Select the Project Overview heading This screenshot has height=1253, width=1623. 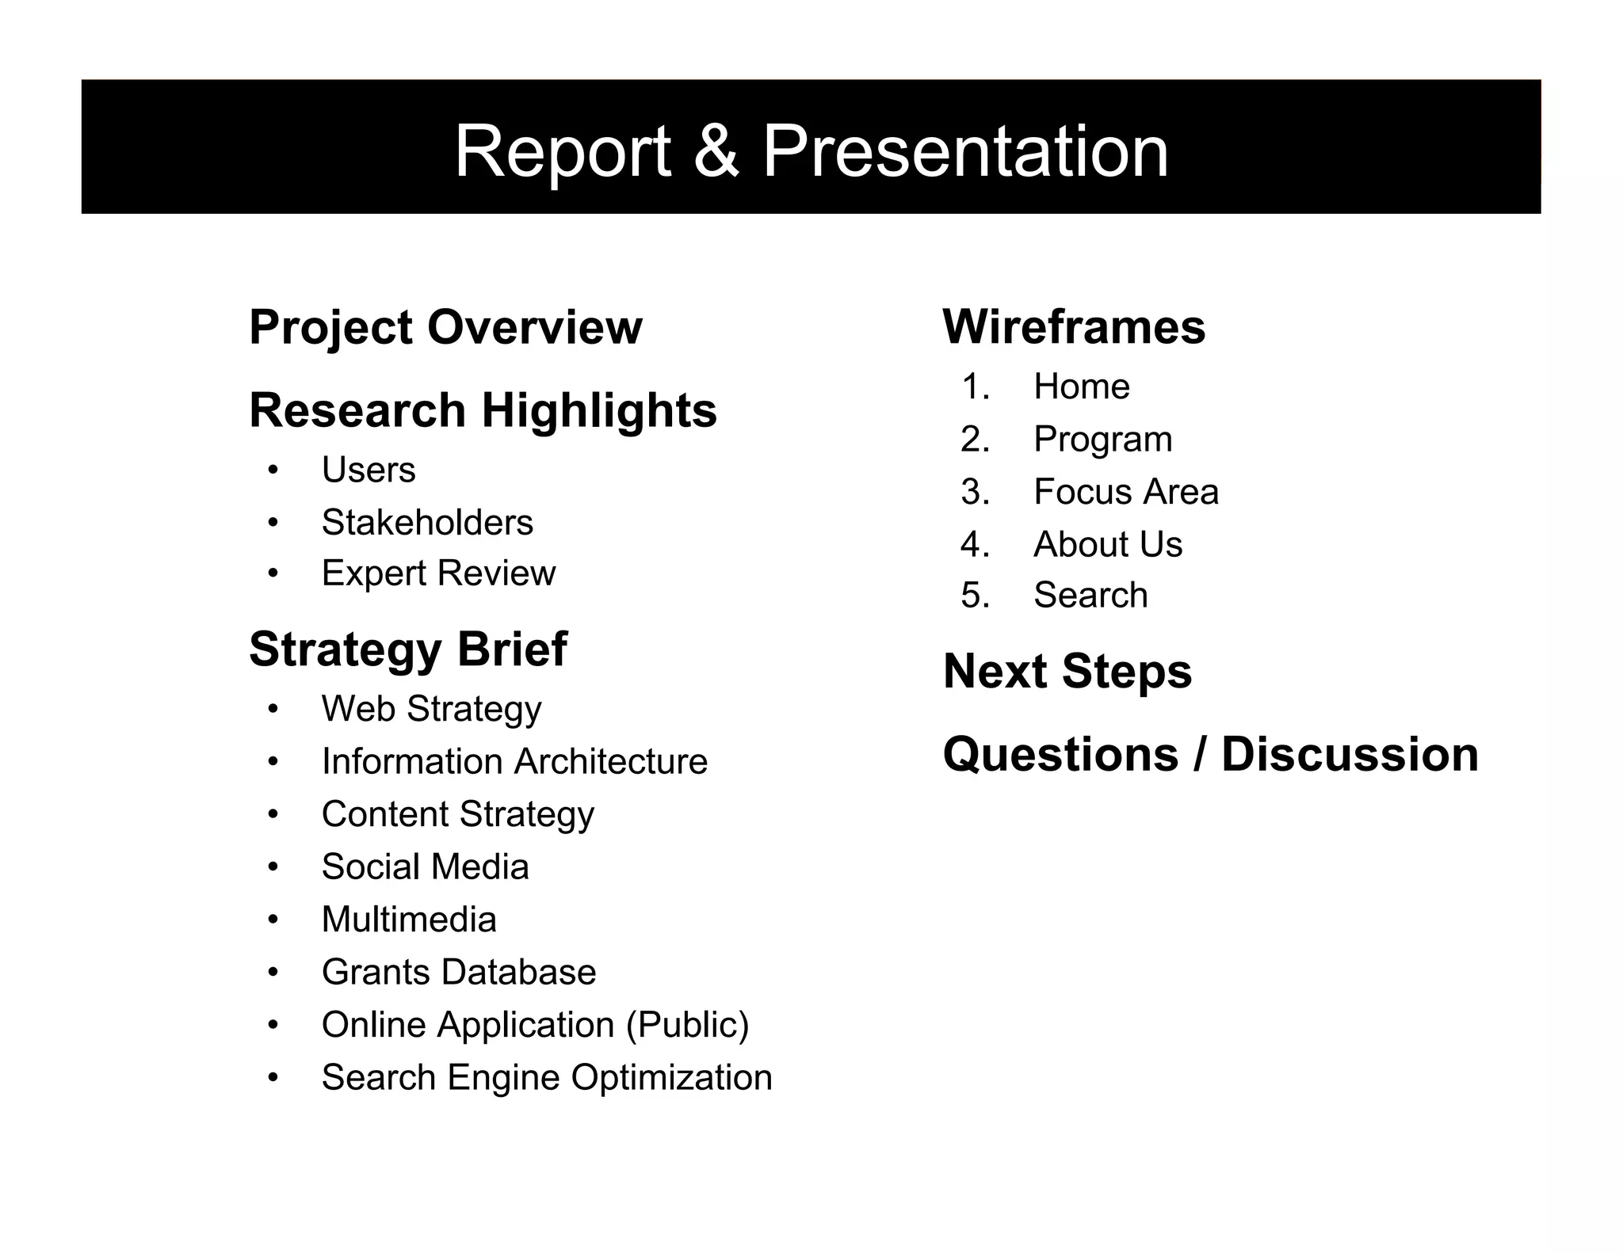tap(445, 327)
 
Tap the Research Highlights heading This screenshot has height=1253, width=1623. tap(483, 410)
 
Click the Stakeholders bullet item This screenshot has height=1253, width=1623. tap(427, 523)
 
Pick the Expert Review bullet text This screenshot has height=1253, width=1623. tap(438, 573)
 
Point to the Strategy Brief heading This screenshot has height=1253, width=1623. tap(407, 649)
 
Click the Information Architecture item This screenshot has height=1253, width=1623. tap(514, 762)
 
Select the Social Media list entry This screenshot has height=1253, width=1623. tap(425, 867)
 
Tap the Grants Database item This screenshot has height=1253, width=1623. tap(459, 973)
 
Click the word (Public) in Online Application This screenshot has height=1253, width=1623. tap(687, 1025)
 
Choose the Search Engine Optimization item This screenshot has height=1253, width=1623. tap(547, 1078)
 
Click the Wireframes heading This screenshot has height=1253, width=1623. tap(1074, 327)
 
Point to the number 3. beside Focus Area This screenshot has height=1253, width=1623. tap(976, 493)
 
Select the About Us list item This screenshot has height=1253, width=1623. tap(1107, 545)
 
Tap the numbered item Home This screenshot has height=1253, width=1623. tap(1081, 387)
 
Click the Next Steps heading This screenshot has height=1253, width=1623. tap(1067, 672)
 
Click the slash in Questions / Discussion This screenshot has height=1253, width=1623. tap(1199, 754)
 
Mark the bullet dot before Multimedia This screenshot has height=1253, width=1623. tap(273, 920)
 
